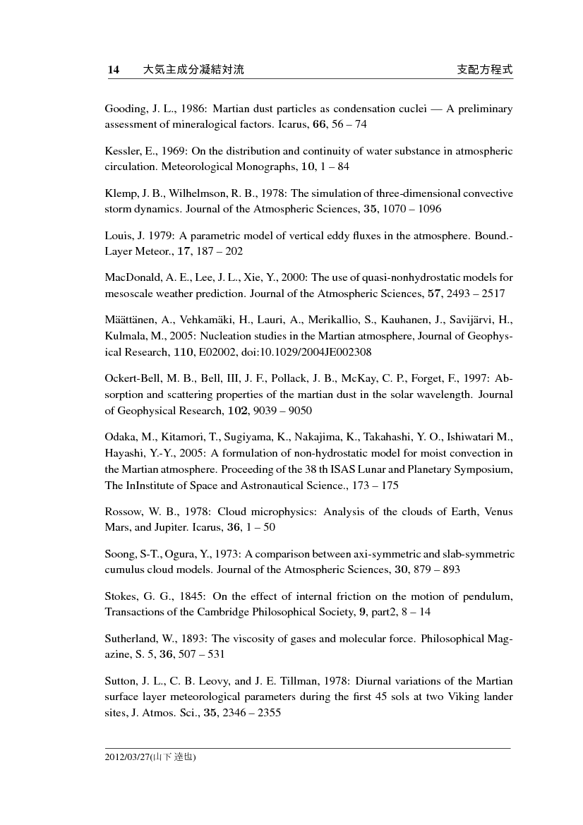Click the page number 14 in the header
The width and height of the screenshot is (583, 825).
point(113,69)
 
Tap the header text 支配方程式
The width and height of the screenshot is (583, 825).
point(484,69)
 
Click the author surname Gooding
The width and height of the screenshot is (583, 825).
point(122,110)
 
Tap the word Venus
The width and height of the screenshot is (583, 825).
point(498,511)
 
